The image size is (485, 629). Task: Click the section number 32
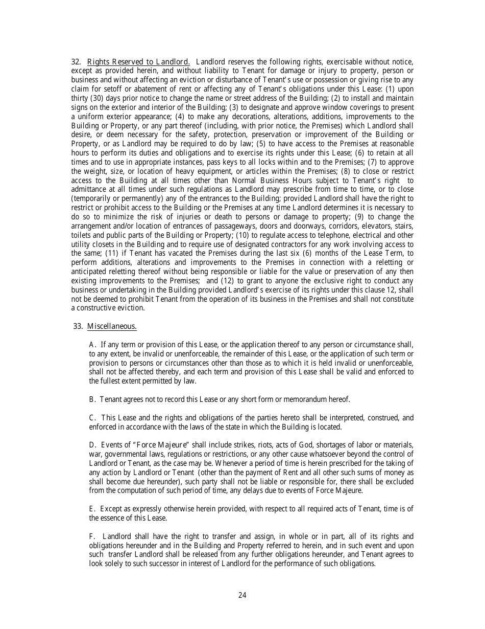[x=76, y=62]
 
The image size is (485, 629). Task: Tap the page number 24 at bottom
[x=243, y=595]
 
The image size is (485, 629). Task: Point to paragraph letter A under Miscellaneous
[x=92, y=345]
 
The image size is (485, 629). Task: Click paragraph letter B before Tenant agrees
[x=92, y=399]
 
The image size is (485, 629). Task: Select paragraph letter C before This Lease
[x=92, y=418]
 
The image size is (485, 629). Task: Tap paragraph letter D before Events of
[x=92, y=445]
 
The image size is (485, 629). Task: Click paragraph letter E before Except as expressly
[x=92, y=509]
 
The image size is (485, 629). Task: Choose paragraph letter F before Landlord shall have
[x=92, y=536]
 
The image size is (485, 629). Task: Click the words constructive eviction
[x=111, y=308]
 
